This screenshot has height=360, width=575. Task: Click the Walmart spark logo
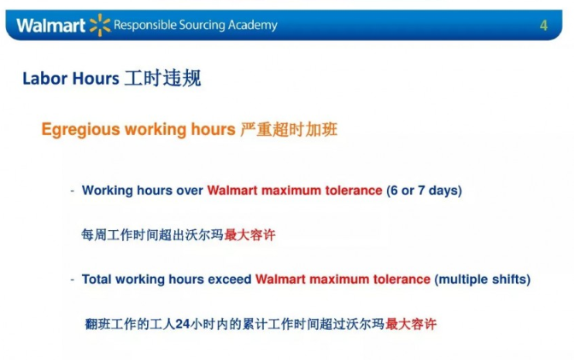[x=100, y=25]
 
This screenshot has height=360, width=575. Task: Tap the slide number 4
[x=543, y=26]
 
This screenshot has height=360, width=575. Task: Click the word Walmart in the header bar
[x=50, y=26]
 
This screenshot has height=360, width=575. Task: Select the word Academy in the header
[x=253, y=26]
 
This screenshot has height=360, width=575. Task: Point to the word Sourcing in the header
[x=202, y=26]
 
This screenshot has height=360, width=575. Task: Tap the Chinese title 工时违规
[x=162, y=78]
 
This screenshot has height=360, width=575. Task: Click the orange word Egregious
[x=80, y=130]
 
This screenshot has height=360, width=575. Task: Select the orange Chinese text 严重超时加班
[x=289, y=129]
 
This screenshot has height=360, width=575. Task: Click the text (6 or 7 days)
[x=424, y=191]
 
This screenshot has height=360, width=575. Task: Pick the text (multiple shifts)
[x=482, y=280]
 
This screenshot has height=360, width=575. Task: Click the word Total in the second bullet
[x=97, y=280]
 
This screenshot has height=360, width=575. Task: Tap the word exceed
[x=230, y=280]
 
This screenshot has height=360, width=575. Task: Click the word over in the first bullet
[x=190, y=191]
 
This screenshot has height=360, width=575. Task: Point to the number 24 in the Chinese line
[x=182, y=324]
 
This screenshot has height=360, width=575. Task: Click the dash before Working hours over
[x=73, y=191]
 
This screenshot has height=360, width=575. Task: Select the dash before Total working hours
[x=73, y=280]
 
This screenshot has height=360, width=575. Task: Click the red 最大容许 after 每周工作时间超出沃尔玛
[x=249, y=235]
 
